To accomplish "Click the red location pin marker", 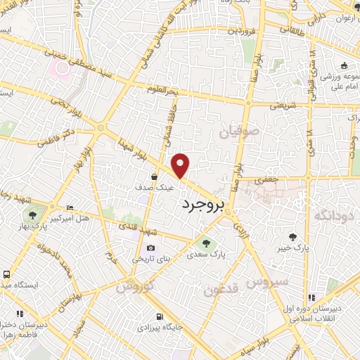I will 181,165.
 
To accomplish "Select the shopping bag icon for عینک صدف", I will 153,177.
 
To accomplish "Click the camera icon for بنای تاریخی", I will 151,248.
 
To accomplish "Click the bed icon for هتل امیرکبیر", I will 69,208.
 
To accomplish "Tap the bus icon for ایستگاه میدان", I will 6,275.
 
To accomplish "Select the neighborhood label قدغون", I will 224,288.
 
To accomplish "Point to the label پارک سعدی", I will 231,256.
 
